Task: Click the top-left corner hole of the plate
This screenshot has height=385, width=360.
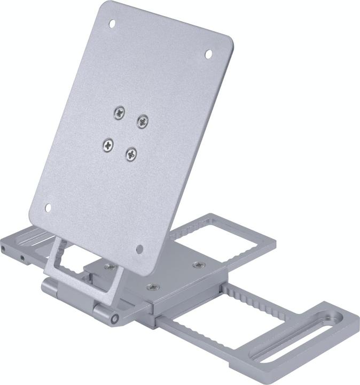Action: point(112,24)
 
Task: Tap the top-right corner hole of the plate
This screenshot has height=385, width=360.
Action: point(208,54)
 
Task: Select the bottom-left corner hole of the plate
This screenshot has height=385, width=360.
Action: point(48,207)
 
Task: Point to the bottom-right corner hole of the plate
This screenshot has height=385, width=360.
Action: point(139,249)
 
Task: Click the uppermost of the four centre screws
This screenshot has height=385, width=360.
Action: point(120,112)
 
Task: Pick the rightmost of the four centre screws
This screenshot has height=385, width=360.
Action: point(142,121)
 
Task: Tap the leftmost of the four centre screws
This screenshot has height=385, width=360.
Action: point(108,144)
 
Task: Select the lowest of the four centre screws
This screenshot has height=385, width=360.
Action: point(131,154)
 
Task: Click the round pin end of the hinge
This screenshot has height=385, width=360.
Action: point(114,319)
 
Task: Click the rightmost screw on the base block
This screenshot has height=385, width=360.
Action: point(198,265)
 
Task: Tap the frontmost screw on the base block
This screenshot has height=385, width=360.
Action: point(152,287)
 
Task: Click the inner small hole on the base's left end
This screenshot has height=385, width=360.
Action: point(22,258)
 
